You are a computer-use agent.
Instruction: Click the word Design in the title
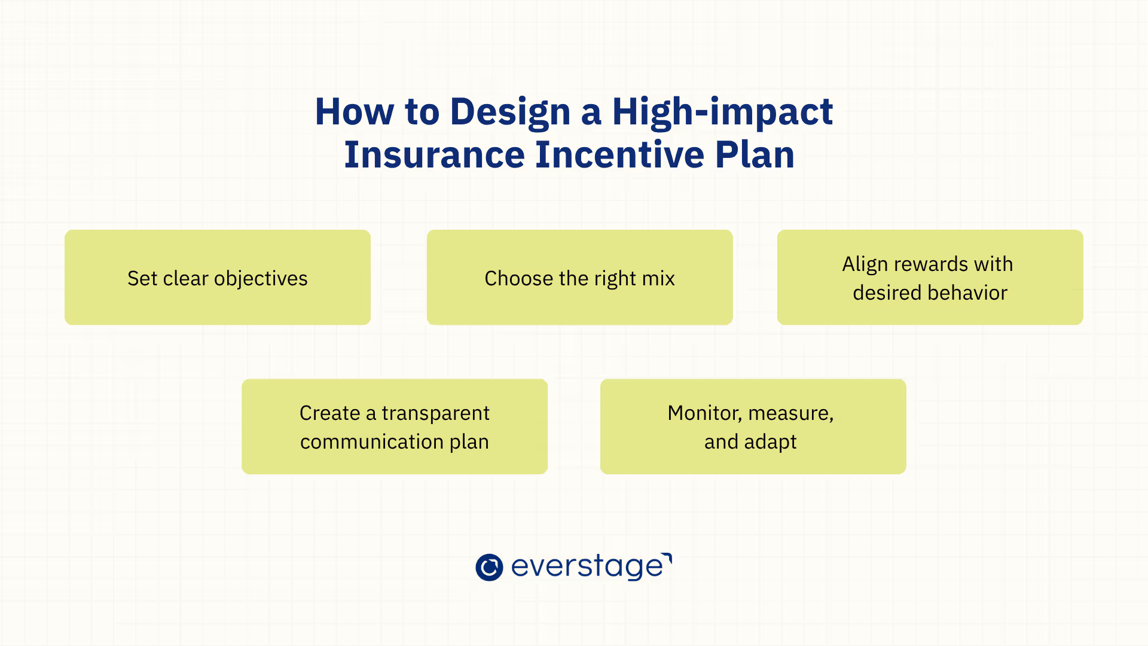click(510, 112)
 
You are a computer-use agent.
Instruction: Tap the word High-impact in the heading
click(722, 112)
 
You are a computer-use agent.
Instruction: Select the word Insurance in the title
click(434, 155)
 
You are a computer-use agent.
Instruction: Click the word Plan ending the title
click(755, 155)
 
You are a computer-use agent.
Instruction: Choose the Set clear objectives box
click(218, 278)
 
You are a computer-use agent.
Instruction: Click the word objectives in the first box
click(261, 279)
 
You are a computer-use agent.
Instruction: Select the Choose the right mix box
click(580, 278)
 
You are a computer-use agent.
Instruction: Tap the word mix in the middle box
click(659, 279)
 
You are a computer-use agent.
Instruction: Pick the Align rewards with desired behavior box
click(930, 278)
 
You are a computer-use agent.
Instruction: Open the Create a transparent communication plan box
click(395, 426)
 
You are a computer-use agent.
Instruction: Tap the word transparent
click(436, 413)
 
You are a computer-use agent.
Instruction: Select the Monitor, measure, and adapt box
click(753, 426)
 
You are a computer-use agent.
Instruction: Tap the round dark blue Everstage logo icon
click(489, 567)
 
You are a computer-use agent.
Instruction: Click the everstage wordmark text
click(591, 566)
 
